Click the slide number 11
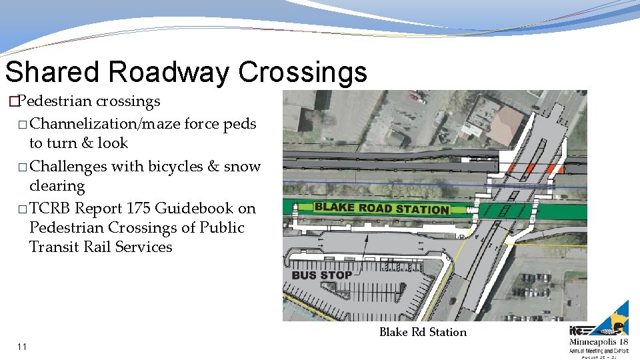pos(23,347)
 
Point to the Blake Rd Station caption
pos(423,332)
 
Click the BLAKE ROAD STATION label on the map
pos(381,208)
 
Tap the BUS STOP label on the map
pos(321,275)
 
